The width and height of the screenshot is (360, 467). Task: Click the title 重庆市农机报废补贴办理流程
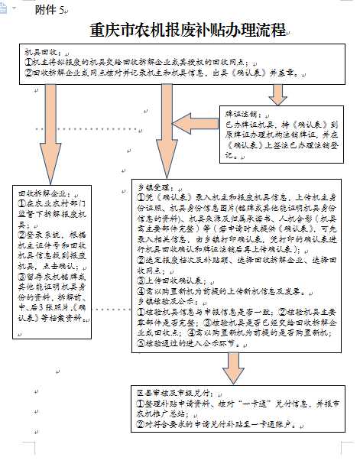click(186, 31)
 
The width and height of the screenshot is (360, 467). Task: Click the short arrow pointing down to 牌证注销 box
click(277, 92)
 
